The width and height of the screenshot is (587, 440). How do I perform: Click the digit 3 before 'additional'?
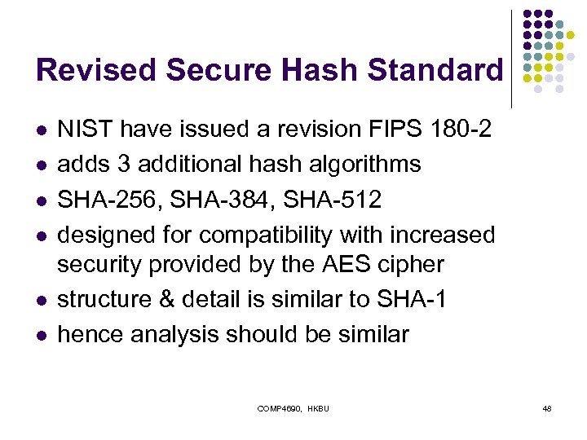coord(125,164)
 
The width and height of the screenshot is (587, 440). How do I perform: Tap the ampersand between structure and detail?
coord(177,299)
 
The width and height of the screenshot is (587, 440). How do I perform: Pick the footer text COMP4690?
coord(280,407)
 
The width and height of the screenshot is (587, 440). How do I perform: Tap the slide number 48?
coord(547,407)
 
